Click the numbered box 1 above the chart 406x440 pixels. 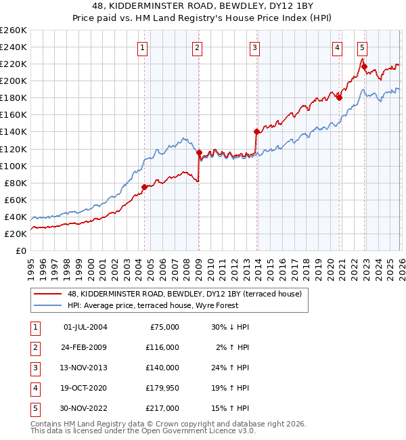(143, 47)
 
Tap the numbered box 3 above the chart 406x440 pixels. (254, 47)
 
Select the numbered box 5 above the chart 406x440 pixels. (363, 47)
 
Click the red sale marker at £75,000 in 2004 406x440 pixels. (144, 187)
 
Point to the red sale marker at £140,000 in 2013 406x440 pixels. (256, 131)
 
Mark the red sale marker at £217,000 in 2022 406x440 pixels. (364, 66)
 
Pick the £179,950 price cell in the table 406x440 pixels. (163, 387)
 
